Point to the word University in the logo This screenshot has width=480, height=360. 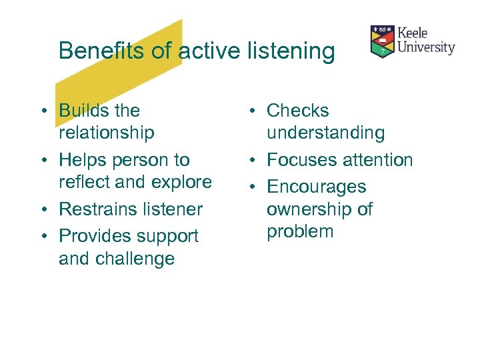click(x=426, y=47)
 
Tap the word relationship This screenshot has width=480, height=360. click(x=106, y=133)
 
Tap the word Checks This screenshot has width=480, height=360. click(x=297, y=111)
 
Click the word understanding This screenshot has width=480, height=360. click(x=325, y=133)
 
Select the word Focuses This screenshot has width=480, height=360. click(x=301, y=160)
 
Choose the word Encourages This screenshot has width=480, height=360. click(x=316, y=187)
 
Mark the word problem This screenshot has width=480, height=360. click(x=299, y=232)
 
